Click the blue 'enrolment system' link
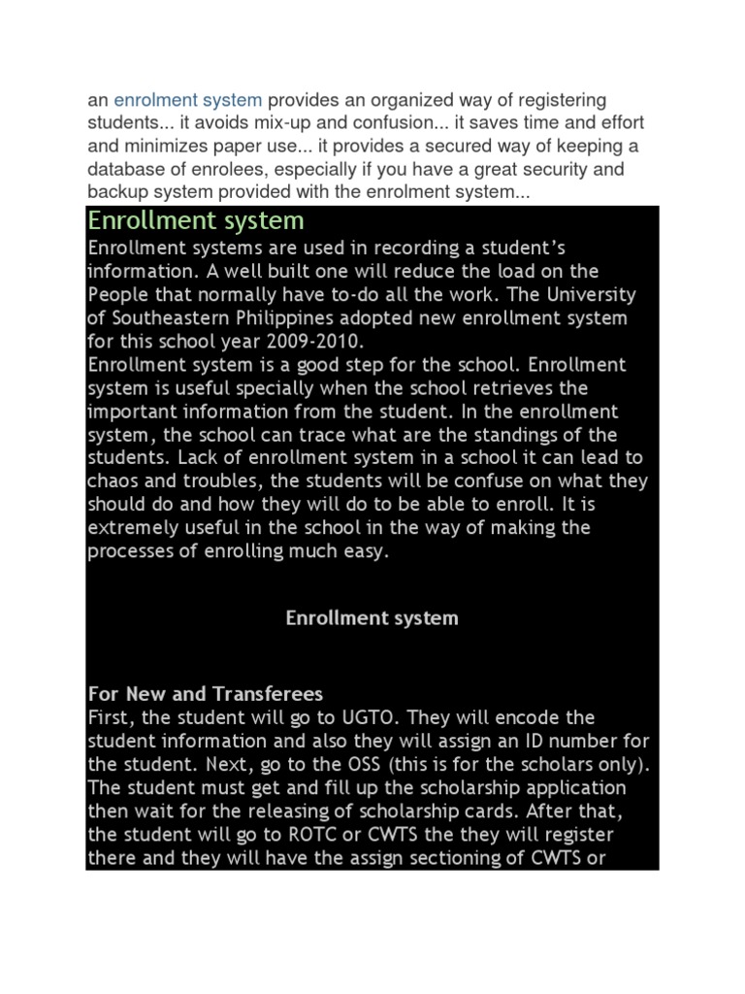pyautogui.click(x=188, y=100)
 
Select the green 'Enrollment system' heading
pyautogui.click(x=196, y=219)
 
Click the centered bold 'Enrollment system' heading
pyautogui.click(x=372, y=618)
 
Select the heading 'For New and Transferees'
pyautogui.click(x=206, y=695)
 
